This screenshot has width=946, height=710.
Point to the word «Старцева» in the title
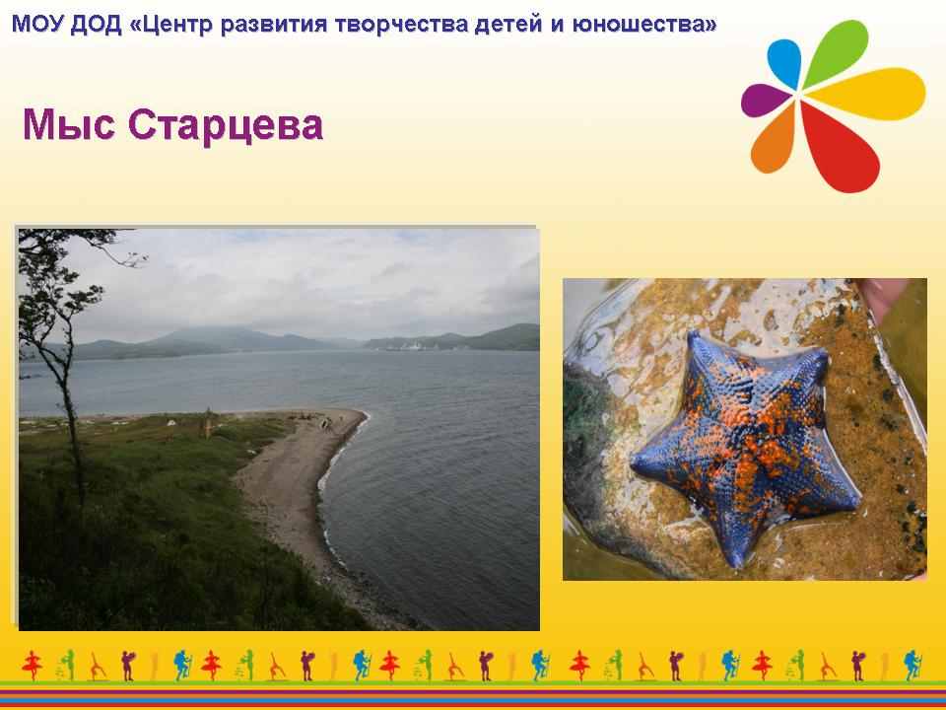226,125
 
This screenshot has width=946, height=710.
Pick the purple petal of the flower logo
765,100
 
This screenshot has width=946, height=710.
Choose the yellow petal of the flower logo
869,93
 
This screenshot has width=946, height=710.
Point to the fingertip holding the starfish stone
882,297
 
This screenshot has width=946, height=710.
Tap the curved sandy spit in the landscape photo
290,483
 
